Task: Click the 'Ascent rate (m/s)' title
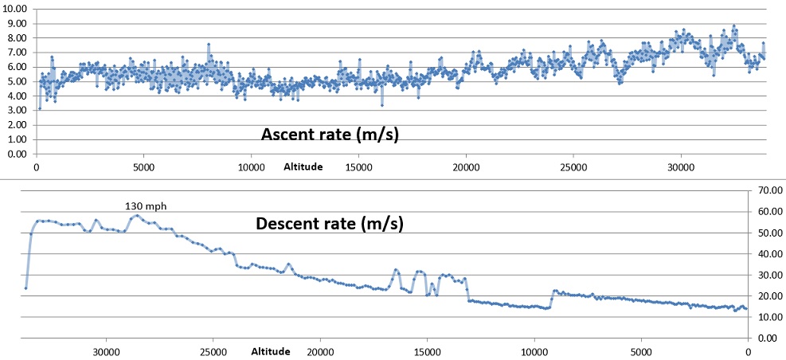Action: [x=330, y=135]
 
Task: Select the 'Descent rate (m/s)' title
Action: [x=330, y=223]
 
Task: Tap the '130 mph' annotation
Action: [x=144, y=205]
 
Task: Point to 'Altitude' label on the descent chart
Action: [x=271, y=351]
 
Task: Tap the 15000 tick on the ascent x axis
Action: [x=358, y=168]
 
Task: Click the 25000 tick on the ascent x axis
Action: [x=573, y=168]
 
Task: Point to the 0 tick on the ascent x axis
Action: [x=36, y=168]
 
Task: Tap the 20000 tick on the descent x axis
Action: [x=320, y=351]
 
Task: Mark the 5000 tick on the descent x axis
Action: [x=641, y=351]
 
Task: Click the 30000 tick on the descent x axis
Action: [x=107, y=351]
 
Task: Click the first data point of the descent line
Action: [x=25, y=288]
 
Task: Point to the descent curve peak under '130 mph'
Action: [x=137, y=216]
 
